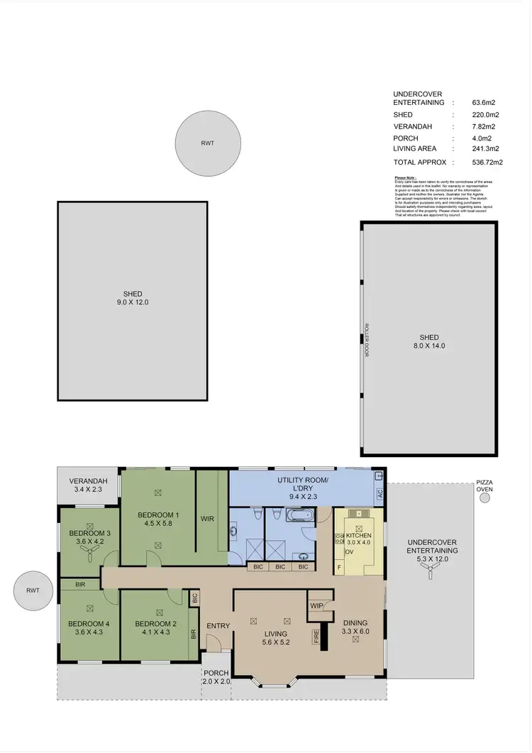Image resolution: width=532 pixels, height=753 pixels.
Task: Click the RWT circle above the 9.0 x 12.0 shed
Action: click(x=206, y=143)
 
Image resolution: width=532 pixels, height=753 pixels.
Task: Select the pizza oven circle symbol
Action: click(x=484, y=498)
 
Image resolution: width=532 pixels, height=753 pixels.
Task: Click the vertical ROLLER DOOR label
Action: click(x=367, y=340)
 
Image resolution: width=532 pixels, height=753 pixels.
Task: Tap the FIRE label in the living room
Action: click(x=317, y=637)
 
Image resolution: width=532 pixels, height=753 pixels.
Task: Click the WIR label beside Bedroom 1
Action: click(x=207, y=519)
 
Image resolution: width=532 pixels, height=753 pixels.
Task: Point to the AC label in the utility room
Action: click(x=379, y=493)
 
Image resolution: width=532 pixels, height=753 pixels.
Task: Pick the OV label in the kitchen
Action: click(x=349, y=551)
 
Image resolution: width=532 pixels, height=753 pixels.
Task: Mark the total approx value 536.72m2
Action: click(x=487, y=163)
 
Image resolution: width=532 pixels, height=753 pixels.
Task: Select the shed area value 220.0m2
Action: click(x=486, y=114)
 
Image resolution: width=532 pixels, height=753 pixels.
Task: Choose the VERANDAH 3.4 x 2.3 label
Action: click(x=88, y=485)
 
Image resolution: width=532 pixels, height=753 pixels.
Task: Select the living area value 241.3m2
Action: click(x=486, y=149)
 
